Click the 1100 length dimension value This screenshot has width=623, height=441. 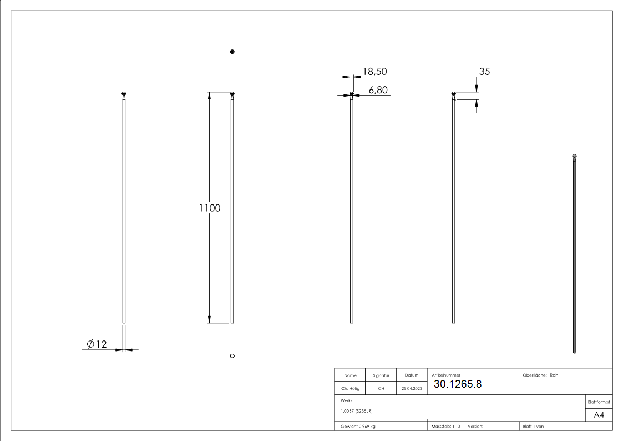(210, 208)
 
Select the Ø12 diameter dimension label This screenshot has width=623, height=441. (97, 344)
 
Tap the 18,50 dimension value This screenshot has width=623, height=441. (374, 71)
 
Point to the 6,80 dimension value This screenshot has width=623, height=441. (378, 89)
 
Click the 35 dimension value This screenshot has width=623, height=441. (484, 71)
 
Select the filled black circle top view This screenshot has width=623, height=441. (232, 52)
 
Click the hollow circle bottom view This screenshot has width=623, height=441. (232, 355)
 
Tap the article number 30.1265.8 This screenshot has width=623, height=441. (458, 384)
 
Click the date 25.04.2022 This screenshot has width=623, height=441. (412, 389)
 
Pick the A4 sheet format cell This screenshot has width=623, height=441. (599, 415)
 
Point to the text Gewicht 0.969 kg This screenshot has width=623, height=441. (358, 426)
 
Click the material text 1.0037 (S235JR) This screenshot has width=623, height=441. (357, 410)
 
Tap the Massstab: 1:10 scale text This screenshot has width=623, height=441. (446, 426)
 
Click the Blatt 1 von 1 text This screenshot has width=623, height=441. (535, 426)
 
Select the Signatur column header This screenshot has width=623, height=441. (381, 375)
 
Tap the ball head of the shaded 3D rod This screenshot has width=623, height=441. (575, 156)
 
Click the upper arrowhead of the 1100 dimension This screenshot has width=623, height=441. (209, 96)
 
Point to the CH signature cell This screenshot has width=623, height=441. (381, 389)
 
